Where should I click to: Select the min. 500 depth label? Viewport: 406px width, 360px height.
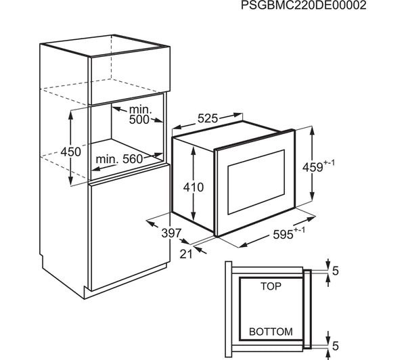pyautogui.click(x=140, y=115)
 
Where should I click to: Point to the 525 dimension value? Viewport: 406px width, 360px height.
pyautogui.click(x=207, y=118)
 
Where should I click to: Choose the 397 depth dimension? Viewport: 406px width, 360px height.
pyautogui.click(x=172, y=233)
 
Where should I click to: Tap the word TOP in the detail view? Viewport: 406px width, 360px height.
pyautogui.click(x=270, y=287)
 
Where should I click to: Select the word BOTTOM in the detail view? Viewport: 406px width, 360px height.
pyautogui.click(x=270, y=332)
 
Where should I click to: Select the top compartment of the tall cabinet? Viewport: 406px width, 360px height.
pyautogui.click(x=129, y=71)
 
